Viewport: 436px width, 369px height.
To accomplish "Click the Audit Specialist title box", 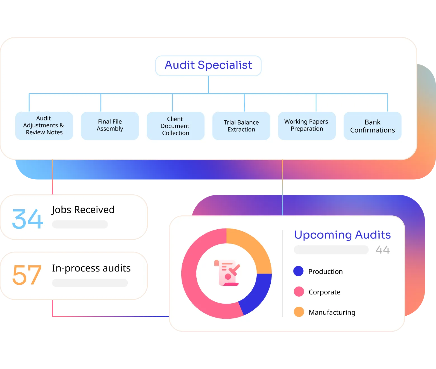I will pos(208,66).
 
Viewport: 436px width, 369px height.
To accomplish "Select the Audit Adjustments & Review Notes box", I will pos(44,126).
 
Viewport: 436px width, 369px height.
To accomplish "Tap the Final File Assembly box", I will pos(110,126).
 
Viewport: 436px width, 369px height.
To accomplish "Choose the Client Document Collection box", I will pos(175,126).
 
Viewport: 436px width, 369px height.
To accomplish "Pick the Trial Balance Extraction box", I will pos(241,126).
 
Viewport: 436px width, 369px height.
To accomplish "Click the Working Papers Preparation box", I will pos(307,126).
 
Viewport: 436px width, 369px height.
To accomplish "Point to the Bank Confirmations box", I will pos(372,126).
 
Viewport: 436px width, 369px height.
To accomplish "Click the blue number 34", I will pos(28,219).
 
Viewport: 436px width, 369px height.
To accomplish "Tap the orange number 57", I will pos(27,275).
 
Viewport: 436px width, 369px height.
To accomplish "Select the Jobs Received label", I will pos(83,210).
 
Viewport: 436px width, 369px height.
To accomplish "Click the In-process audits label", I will pos(91,268).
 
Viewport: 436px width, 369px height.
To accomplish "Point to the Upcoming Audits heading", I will pos(342,235).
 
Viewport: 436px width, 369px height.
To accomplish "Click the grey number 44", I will pos(383,250).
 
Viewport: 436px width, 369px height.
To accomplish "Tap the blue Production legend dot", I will pos(298,271).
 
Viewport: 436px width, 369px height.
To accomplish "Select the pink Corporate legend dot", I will pos(299,292).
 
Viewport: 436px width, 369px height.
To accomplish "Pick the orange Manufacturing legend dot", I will pos(299,312).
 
